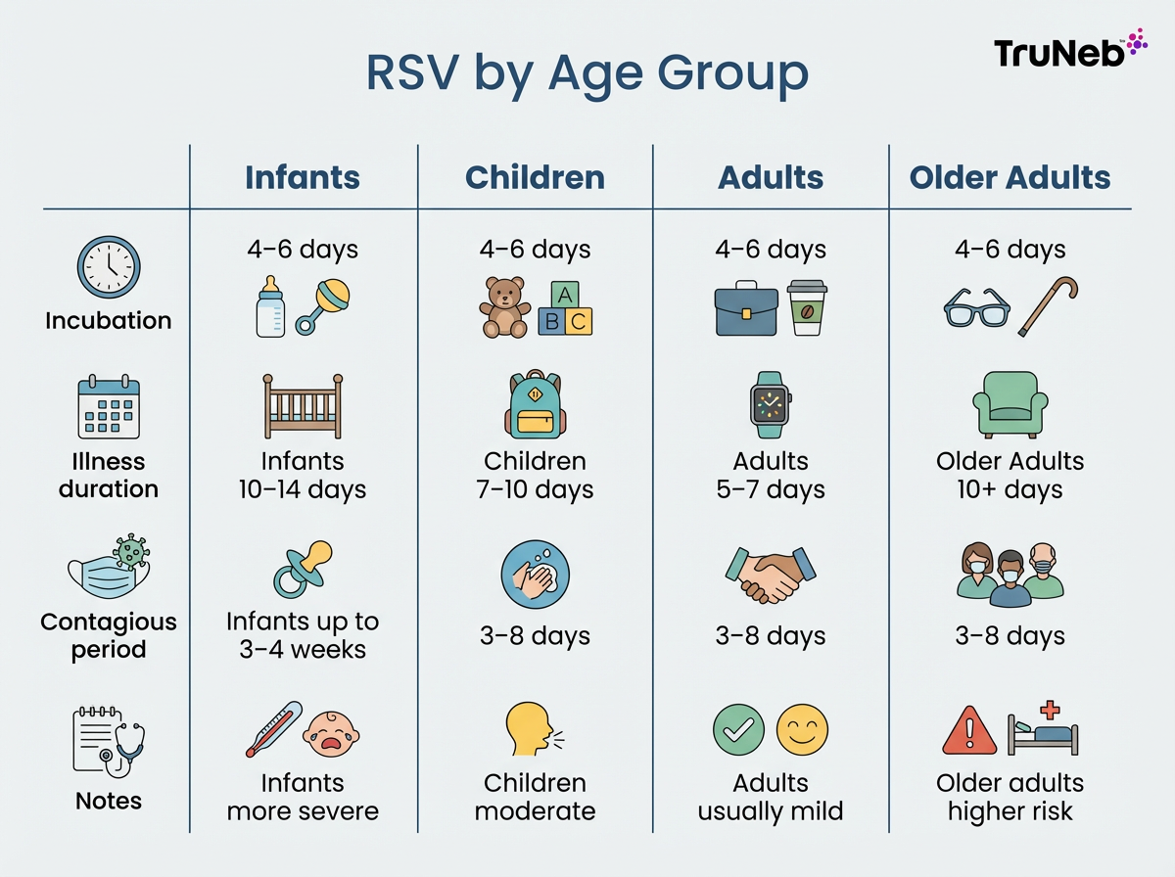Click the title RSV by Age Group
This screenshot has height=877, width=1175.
(587, 73)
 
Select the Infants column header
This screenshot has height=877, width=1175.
(303, 177)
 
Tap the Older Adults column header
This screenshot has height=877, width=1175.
(1010, 177)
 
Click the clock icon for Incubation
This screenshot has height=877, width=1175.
(109, 267)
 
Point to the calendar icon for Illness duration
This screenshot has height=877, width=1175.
(109, 408)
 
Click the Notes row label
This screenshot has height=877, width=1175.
(109, 801)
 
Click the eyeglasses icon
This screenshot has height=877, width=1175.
(975, 306)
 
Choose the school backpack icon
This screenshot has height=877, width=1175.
(535, 404)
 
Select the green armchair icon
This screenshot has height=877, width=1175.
(1010, 404)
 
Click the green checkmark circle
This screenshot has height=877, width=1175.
(738, 731)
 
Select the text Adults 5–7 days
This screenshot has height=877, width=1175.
(771, 475)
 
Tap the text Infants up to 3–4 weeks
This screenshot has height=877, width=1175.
(303, 635)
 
